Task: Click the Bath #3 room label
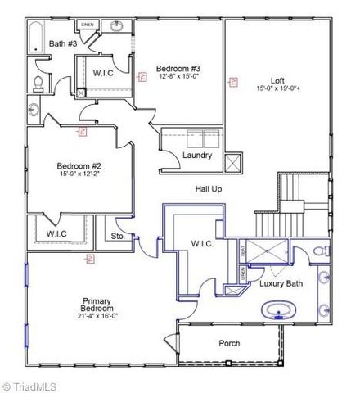[x=63, y=43]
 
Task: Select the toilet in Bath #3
[x=38, y=82]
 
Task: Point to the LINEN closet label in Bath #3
[x=88, y=25]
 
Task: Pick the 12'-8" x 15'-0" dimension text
[x=179, y=75]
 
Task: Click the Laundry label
[x=197, y=155]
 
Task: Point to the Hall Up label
[x=208, y=189]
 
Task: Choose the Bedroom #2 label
[x=79, y=165]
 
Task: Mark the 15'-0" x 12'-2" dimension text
[x=79, y=173]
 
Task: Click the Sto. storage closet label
[x=117, y=237]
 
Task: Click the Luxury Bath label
[x=281, y=283]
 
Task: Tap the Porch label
[x=229, y=343]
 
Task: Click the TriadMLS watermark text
[x=33, y=385]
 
